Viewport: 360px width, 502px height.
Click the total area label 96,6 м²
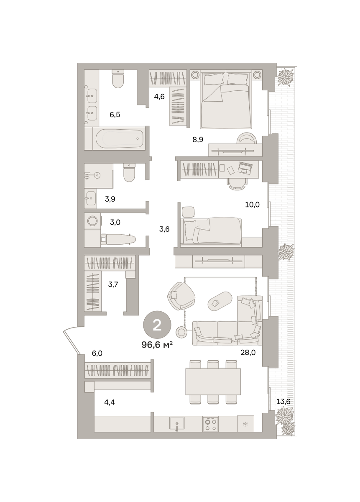pos(157,345)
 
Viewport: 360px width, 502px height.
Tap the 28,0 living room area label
pos(248,352)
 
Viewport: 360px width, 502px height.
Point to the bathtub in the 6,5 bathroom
pos(120,138)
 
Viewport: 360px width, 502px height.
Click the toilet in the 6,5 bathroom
pos(118,79)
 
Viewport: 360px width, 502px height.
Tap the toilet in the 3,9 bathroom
pos(129,172)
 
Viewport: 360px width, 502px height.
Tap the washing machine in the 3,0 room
pos(92,221)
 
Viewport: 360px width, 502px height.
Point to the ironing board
pos(118,239)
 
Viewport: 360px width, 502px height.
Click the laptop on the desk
pos(245,168)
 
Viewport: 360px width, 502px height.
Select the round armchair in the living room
pos(181,296)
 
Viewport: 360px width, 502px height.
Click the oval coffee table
pos(220,302)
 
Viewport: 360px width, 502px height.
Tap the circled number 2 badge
pos(157,325)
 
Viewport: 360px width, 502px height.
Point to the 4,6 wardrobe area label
pos(159,97)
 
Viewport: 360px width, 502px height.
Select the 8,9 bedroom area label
pos(198,140)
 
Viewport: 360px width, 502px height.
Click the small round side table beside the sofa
pos(181,332)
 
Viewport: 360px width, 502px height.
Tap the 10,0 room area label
pos(252,205)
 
